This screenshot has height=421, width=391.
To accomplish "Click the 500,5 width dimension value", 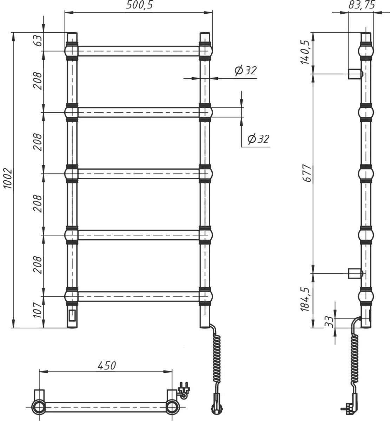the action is (x=139, y=5).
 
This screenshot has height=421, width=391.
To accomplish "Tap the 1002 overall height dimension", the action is (x=8, y=179).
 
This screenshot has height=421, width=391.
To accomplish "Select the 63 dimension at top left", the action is (x=38, y=40).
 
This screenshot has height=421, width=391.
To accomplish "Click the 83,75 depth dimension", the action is (x=362, y=5).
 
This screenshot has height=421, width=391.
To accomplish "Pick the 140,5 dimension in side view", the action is (x=306, y=52).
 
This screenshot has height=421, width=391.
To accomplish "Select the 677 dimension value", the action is (x=307, y=173).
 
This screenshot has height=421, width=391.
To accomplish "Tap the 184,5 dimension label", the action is (x=305, y=299).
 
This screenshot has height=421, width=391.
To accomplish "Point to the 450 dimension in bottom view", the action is (x=107, y=366).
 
